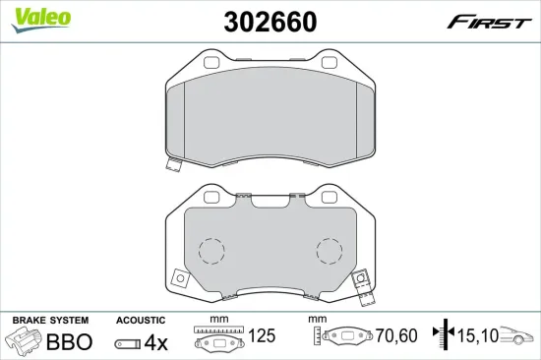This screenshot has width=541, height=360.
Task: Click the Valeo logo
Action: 40,20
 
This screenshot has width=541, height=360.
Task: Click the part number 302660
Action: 270,22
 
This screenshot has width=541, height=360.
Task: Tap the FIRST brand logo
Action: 489,23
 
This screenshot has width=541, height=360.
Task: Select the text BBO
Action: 70,341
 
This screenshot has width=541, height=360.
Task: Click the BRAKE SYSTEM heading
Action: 50,321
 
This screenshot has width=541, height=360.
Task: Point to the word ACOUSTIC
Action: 141,321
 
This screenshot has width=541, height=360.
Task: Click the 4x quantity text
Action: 156,342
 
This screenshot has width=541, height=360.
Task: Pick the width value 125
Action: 262,335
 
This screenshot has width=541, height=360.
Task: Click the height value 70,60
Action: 396,335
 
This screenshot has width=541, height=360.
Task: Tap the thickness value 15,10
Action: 478,335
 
